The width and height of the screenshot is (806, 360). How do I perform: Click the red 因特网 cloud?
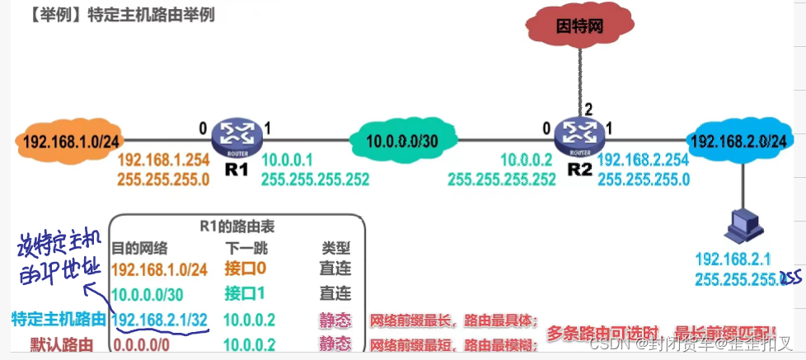pyautogui.click(x=580, y=26)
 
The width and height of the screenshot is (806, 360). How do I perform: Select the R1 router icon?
pyautogui.click(x=236, y=135)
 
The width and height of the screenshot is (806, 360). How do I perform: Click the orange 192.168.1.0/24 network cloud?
pyautogui.click(x=59, y=140)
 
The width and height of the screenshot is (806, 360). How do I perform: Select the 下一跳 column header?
pyautogui.click(x=246, y=247)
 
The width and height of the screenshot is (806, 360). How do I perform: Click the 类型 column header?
pyautogui.click(x=335, y=247)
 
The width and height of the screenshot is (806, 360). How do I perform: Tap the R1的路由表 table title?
pyautogui.click(x=237, y=224)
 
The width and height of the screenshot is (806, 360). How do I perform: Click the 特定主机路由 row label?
pyautogui.click(x=59, y=319)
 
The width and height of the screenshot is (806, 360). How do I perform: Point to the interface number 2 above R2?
pyautogui.click(x=588, y=109)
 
